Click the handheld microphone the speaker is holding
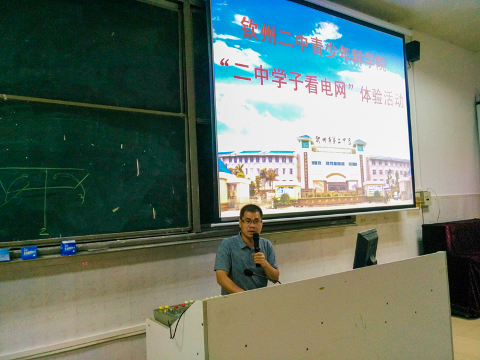pos(257,243)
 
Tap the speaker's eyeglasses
pos(251,221)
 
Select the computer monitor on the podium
pos(365,248)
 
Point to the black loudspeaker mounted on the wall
pos(413,51)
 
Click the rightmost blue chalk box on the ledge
pos(68,248)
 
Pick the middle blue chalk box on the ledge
pos(29,252)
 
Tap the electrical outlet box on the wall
pos(423,198)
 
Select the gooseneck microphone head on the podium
pos(248,272)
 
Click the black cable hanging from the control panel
pos(173,327)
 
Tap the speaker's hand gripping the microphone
pos(259,259)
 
